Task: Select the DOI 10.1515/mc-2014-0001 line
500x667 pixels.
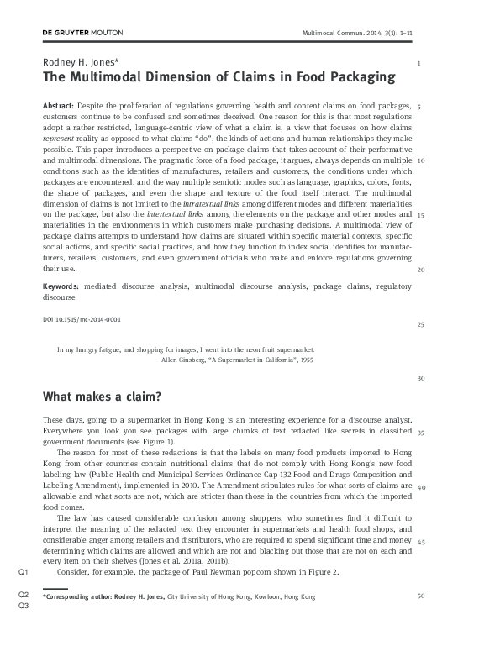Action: (x=82, y=319)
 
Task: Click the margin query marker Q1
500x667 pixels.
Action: (x=24, y=572)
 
